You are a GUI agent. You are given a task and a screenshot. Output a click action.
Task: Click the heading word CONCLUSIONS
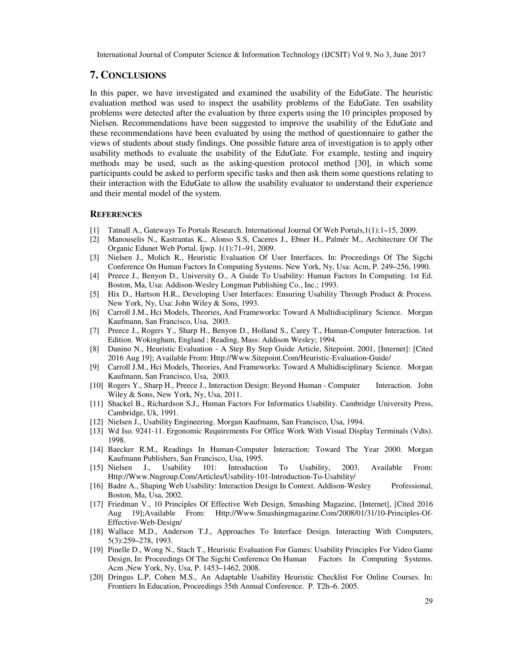(x=133, y=75)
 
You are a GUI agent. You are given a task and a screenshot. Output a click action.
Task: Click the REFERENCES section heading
(x=116, y=214)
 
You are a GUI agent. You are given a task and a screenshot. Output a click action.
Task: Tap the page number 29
(x=428, y=601)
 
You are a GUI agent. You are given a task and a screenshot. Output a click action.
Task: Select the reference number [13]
(x=96, y=431)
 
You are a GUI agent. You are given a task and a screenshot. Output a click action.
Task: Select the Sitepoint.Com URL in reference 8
(x=300, y=358)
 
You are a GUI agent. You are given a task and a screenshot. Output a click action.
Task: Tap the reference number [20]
(x=96, y=577)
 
